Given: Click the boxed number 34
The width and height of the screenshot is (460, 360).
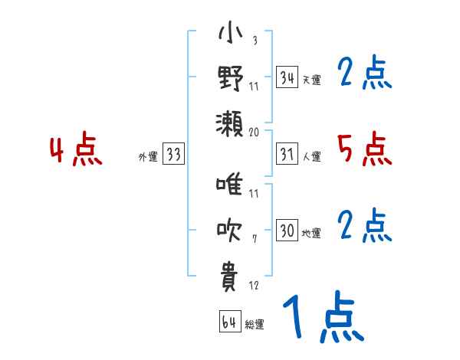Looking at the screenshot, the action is tap(287, 77).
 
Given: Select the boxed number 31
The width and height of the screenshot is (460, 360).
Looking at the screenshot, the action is tap(287, 155).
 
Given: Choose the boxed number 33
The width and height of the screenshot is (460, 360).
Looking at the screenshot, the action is tap(173, 155).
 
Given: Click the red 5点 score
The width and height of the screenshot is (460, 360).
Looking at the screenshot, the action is tap(364, 149).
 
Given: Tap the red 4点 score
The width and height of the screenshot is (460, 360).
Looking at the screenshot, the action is tap(75, 150).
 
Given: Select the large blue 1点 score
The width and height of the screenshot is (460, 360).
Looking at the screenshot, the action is tap(322, 319).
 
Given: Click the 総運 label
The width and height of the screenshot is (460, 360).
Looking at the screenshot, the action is tap(255, 325).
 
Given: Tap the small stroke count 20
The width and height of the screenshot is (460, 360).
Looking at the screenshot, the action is tap(255, 132).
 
